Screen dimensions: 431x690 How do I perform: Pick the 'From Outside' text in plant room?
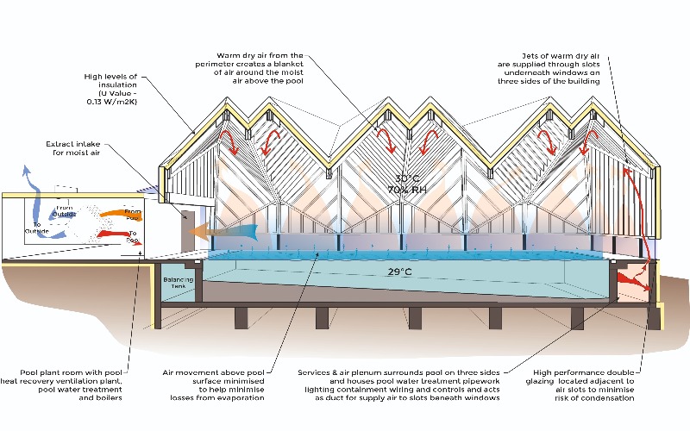pos(65,211)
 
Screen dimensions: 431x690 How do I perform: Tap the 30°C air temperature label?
pos(402,176)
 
